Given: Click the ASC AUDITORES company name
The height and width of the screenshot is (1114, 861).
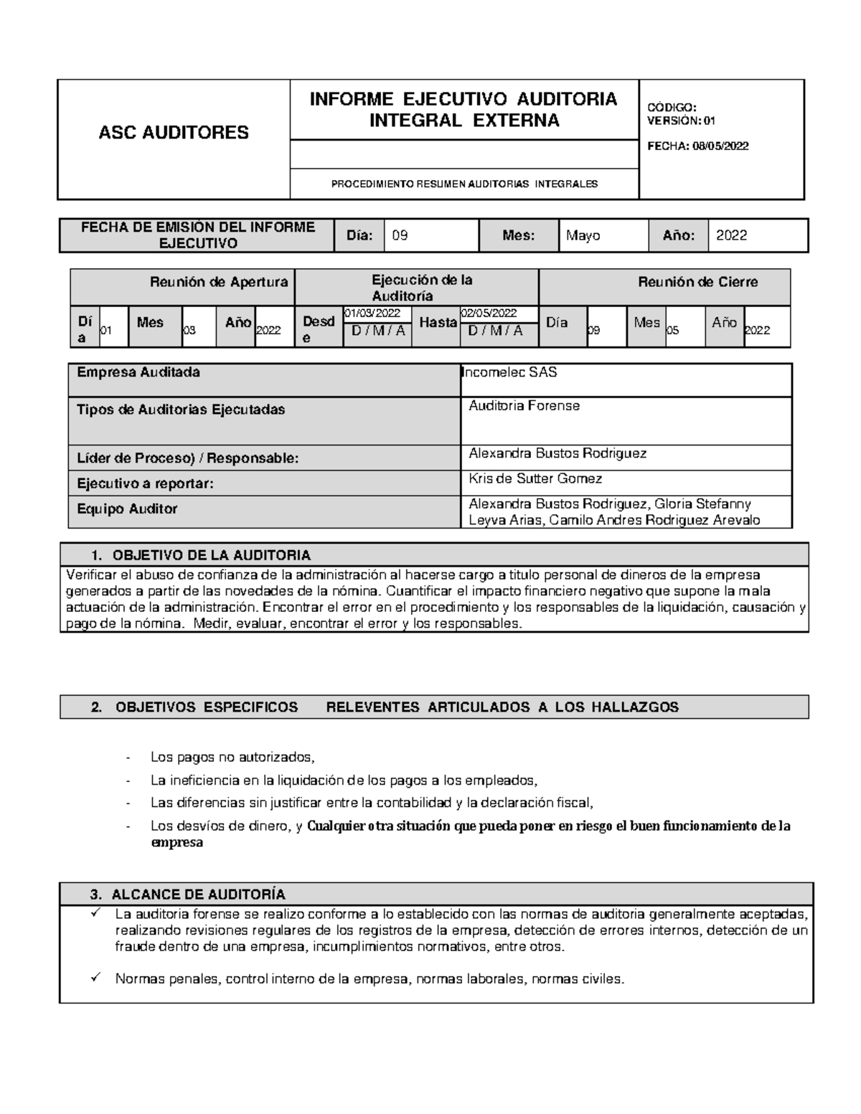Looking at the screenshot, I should (x=174, y=132).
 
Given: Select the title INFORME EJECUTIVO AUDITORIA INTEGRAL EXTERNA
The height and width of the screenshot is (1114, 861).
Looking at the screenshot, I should (x=464, y=109).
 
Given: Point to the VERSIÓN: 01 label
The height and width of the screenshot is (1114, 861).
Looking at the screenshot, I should (x=681, y=121).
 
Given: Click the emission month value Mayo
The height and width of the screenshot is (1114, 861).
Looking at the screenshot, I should (x=583, y=235).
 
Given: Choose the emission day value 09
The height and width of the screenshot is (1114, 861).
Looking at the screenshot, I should (x=400, y=235).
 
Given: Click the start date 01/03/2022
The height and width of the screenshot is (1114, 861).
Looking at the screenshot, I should (x=372, y=313).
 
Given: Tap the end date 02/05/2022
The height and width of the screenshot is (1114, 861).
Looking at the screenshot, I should (x=489, y=313).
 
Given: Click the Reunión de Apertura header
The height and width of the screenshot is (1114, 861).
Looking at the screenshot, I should (x=219, y=282).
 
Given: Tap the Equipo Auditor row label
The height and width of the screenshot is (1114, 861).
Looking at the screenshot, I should (x=127, y=509).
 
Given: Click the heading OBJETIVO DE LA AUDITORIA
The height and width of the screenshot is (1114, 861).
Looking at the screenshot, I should (x=212, y=555).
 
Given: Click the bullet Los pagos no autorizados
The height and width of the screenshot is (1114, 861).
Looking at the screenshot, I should (x=232, y=757).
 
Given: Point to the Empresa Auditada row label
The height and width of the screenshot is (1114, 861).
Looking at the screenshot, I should (x=138, y=372).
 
